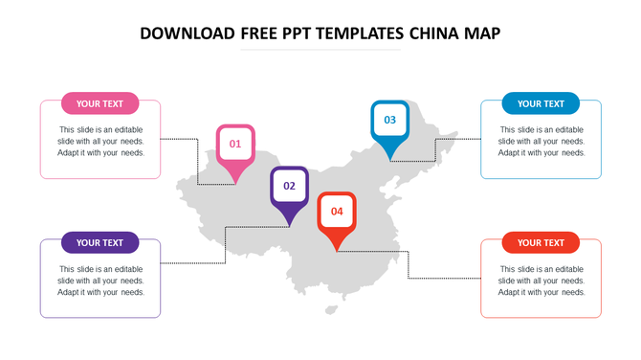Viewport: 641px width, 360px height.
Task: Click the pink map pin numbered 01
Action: pyautogui.click(x=235, y=146)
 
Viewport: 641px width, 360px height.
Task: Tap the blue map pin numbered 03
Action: pyautogui.click(x=389, y=122)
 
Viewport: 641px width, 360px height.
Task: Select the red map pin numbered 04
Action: pyautogui.click(x=337, y=213)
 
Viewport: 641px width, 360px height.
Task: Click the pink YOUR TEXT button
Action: pyautogui.click(x=100, y=103)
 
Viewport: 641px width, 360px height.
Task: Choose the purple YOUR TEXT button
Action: pyautogui.click(x=100, y=243)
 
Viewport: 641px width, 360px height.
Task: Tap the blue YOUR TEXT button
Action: pyautogui.click(x=541, y=103)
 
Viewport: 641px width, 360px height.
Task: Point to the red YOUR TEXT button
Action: pyautogui.click(x=541, y=243)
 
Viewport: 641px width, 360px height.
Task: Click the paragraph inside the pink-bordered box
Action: pyautogui.click(x=100, y=141)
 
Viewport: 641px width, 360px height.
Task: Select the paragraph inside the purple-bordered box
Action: pyautogui.click(x=100, y=281)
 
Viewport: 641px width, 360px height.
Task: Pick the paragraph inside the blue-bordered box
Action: pyautogui.click(x=541, y=141)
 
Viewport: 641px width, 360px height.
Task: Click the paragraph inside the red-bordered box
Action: pyautogui.click(x=541, y=281)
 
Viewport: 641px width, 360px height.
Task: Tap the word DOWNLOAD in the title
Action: pyautogui.click(x=188, y=34)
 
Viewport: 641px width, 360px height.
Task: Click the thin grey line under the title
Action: pyautogui.click(x=320, y=50)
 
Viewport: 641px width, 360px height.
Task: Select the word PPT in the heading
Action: pyautogui.click(x=299, y=34)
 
